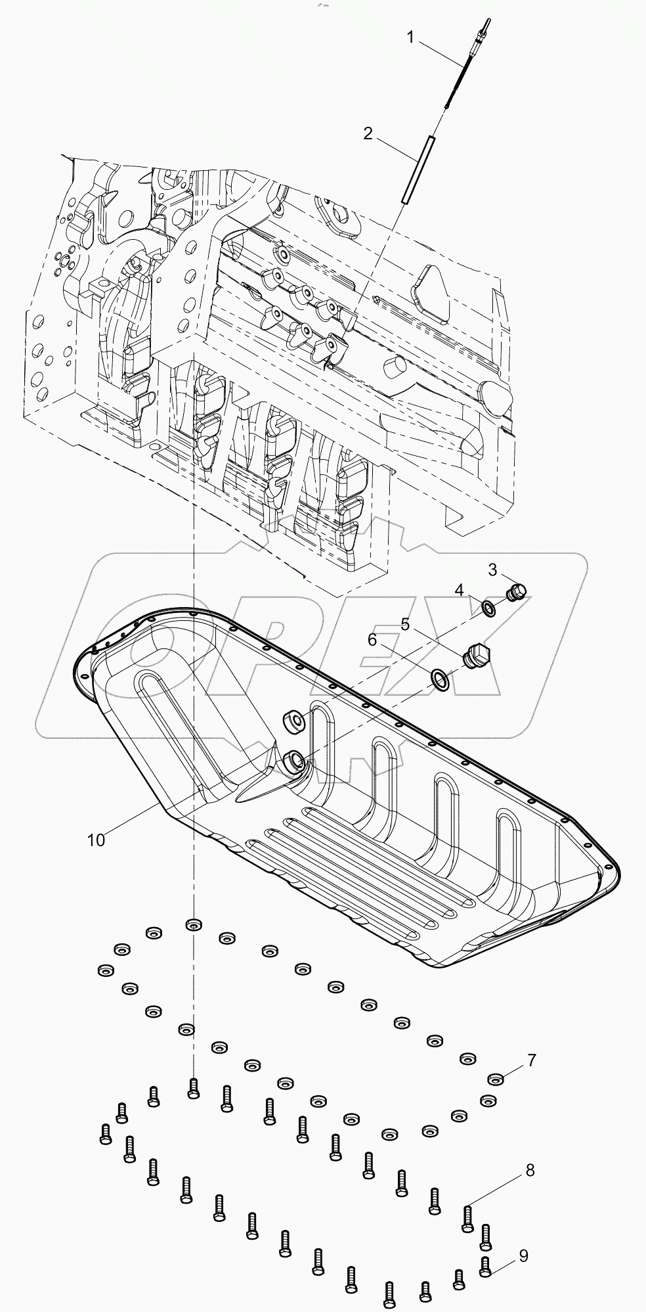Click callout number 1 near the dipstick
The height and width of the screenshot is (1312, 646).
coord(410,38)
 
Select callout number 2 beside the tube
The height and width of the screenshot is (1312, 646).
coord(368,133)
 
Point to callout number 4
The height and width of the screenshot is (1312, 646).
coord(460,590)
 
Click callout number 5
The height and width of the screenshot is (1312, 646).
coord(405,625)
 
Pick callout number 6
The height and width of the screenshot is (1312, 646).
coord(372,639)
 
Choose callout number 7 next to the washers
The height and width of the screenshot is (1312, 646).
coord(531,1060)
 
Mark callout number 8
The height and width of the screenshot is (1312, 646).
coord(530,1170)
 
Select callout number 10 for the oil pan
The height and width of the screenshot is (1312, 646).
coord(96,840)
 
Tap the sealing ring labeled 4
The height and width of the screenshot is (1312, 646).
coord(489,608)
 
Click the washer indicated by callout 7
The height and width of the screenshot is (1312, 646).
coord(496,1079)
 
